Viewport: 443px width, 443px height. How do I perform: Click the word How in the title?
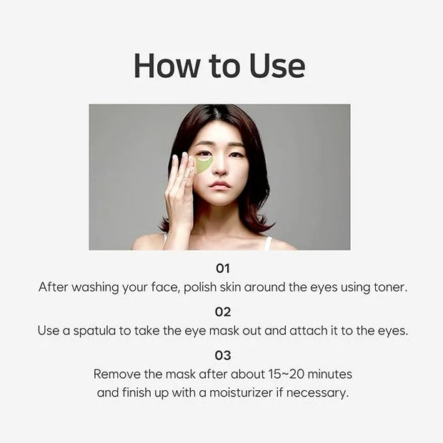(x=166, y=66)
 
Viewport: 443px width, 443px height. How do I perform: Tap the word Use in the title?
(x=277, y=66)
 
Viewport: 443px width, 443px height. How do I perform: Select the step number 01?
(x=223, y=269)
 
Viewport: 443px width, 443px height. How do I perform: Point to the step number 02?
(x=223, y=312)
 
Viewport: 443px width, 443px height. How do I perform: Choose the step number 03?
(x=223, y=355)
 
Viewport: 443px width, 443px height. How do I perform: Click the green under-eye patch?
(x=203, y=165)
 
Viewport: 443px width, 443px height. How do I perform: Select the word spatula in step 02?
(x=94, y=331)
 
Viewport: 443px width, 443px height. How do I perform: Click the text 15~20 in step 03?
(x=287, y=374)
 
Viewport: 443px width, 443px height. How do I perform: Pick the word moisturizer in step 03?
(x=241, y=393)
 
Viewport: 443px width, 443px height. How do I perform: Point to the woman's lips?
(x=219, y=186)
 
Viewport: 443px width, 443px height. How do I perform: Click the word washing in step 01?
(x=95, y=288)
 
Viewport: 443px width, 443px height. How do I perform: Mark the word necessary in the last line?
(x=317, y=393)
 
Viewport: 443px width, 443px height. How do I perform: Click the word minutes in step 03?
(x=329, y=374)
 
